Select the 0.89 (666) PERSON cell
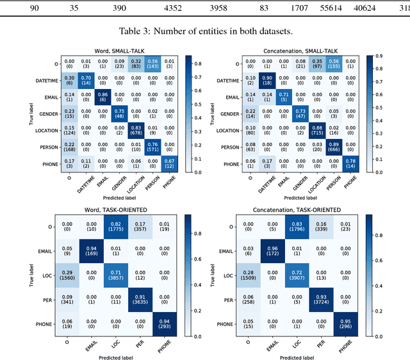pos(333,147)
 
